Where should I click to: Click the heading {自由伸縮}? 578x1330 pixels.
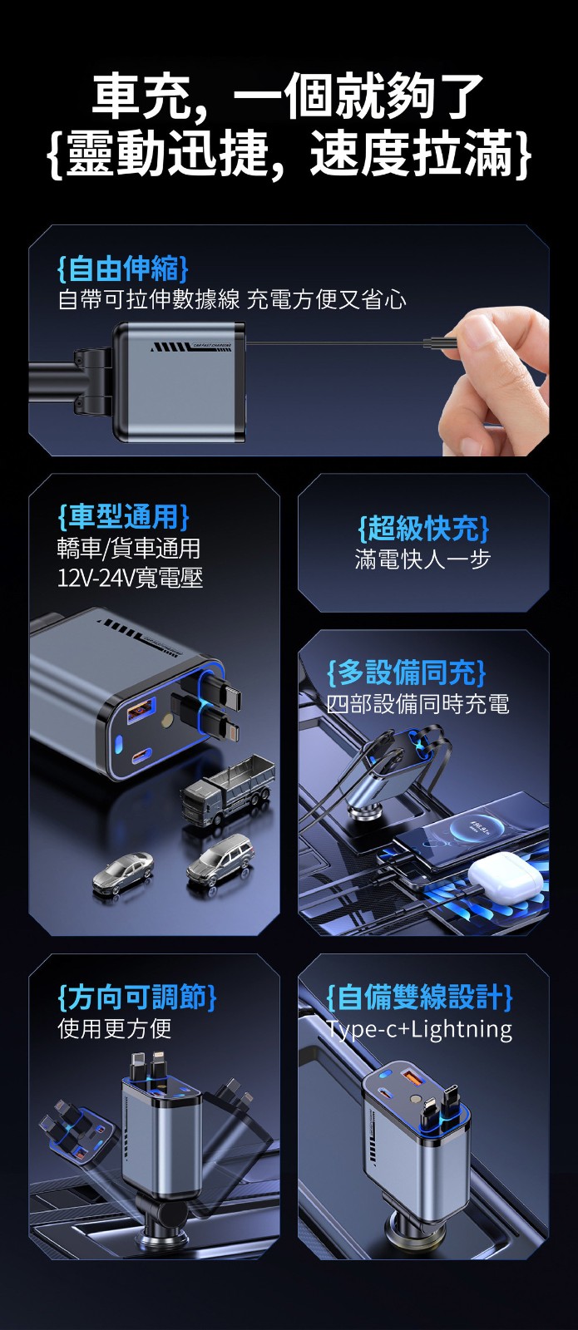point(123,268)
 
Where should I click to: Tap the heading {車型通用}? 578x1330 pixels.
point(123,516)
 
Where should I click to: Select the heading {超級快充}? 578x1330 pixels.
point(423,528)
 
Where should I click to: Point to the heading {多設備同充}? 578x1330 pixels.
point(407,672)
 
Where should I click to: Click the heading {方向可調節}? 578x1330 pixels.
point(137,997)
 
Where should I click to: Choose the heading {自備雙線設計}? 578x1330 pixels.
point(419,997)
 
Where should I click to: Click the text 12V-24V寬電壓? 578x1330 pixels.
point(130,577)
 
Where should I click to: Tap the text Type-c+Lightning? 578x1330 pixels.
point(419,1029)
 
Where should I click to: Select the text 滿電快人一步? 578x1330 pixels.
point(423,559)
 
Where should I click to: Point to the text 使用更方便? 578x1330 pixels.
point(115,1028)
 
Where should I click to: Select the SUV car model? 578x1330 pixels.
point(220,860)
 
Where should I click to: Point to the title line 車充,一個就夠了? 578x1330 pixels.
point(288,95)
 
